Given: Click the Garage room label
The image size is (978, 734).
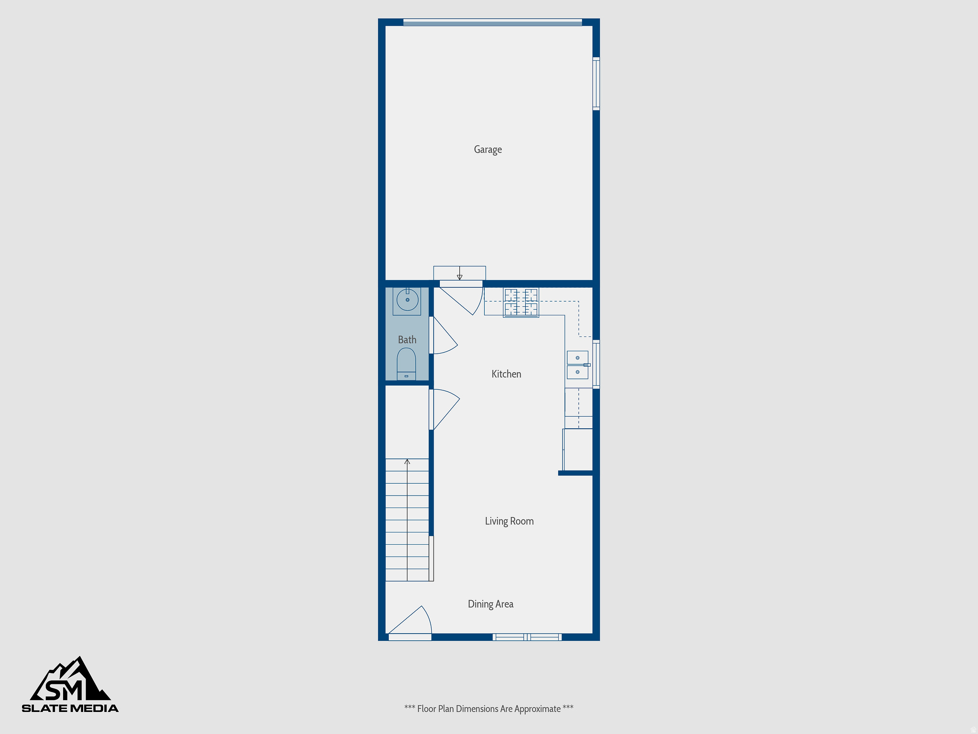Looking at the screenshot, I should click(x=488, y=150).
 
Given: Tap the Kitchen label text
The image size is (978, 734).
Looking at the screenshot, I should click(x=506, y=374).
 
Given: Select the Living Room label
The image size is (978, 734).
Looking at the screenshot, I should click(x=509, y=521).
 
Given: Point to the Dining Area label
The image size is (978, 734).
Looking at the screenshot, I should click(x=490, y=604).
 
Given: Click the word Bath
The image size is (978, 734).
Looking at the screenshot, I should click(x=407, y=340).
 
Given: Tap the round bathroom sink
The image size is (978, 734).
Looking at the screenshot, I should click(x=407, y=300).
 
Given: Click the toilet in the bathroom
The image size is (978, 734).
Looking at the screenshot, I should click(x=406, y=363).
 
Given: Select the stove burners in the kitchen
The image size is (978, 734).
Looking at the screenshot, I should click(x=521, y=302).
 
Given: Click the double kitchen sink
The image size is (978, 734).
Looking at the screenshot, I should click(x=577, y=365).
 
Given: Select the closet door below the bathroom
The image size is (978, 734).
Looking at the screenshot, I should click(x=444, y=408).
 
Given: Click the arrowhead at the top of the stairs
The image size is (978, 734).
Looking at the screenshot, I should click(x=407, y=462).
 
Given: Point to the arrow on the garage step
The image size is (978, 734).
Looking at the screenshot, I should click(x=459, y=276).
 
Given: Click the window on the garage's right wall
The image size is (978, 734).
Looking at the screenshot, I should click(x=596, y=84).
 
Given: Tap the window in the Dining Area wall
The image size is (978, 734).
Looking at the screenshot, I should click(x=527, y=637).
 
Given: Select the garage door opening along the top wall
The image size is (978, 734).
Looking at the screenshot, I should click(x=492, y=22).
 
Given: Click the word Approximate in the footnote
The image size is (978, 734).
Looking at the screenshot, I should click(x=537, y=709).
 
